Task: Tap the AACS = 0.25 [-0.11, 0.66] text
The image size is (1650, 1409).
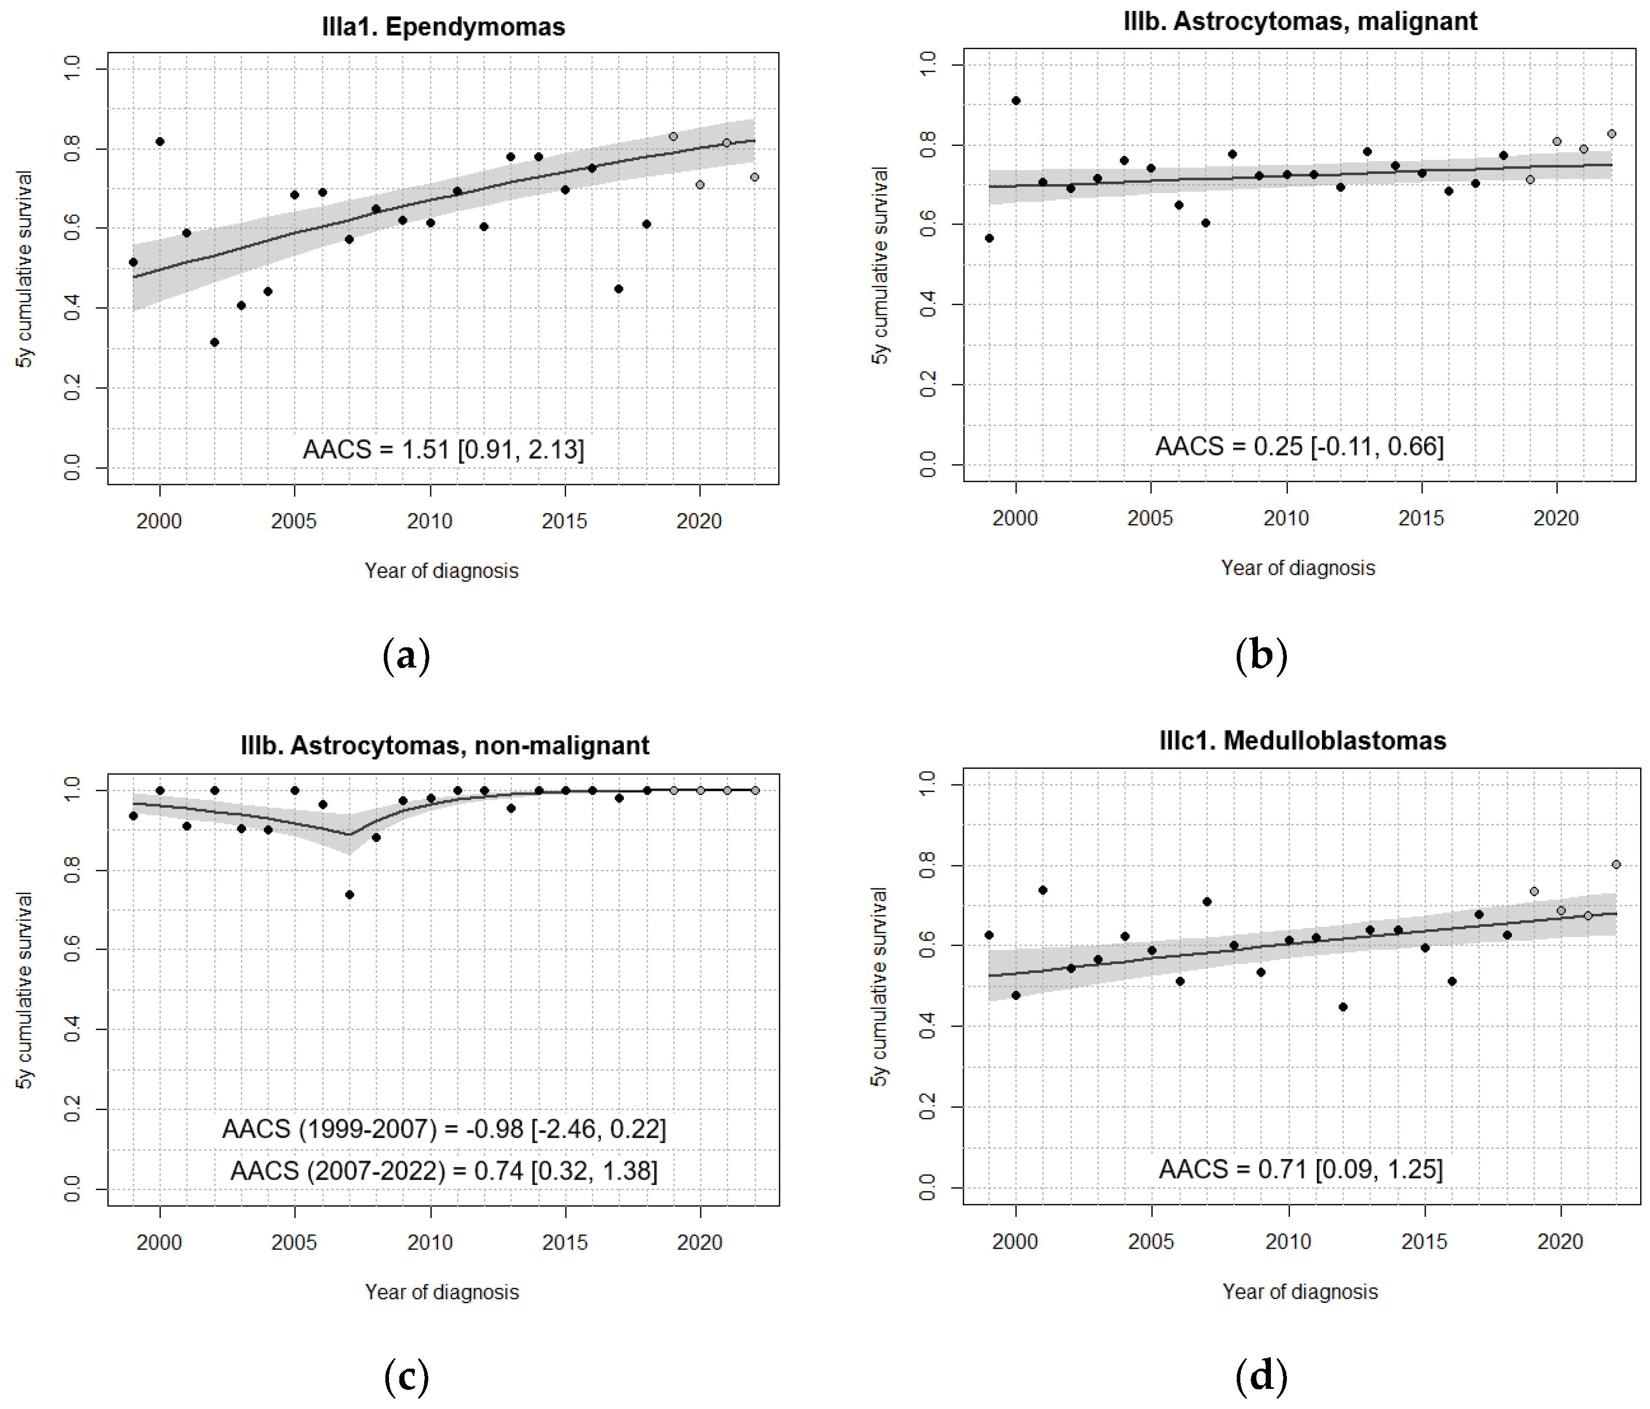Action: pyautogui.click(x=1299, y=446)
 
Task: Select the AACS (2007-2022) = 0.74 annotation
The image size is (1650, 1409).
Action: pyautogui.click(x=444, y=1171)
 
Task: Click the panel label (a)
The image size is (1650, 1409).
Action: pyautogui.click(x=406, y=656)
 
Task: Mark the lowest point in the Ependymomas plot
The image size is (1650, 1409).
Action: pyautogui.click(x=214, y=343)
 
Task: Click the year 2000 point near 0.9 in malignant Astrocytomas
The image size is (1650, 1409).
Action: pyautogui.click(x=1015, y=101)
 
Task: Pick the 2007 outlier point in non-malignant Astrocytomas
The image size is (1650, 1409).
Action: pyautogui.click(x=349, y=895)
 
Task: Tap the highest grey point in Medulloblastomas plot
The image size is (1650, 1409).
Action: pyautogui.click(x=1616, y=864)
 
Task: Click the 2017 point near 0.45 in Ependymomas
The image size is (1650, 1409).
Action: pyautogui.click(x=619, y=289)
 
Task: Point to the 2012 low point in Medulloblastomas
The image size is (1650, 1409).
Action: pyautogui.click(x=1343, y=1007)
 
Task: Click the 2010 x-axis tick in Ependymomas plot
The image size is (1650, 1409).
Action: pyautogui.click(x=430, y=521)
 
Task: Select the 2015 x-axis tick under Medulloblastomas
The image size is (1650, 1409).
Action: pyautogui.click(x=1424, y=1241)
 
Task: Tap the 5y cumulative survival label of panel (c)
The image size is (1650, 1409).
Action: pyautogui.click(x=25, y=989)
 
